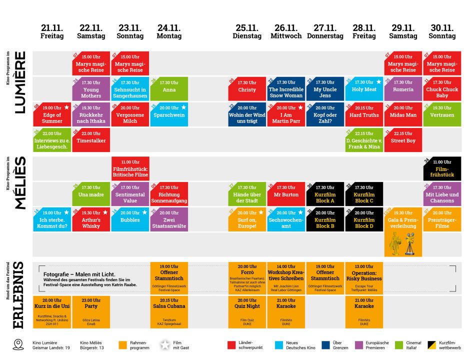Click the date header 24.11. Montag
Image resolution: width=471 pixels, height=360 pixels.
point(169,31)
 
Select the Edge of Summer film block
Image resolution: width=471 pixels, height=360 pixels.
point(52,114)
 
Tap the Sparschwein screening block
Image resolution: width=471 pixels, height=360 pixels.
point(169,114)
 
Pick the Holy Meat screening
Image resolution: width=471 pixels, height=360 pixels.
point(363,89)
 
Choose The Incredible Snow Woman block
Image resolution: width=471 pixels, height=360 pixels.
point(286,89)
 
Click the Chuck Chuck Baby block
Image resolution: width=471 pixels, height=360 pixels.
point(442,89)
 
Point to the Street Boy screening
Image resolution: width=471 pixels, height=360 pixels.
point(403,139)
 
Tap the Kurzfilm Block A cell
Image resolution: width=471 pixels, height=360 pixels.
point(325,194)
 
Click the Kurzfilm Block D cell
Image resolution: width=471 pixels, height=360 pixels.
point(364,219)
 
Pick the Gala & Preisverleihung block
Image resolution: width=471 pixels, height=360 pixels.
point(403,219)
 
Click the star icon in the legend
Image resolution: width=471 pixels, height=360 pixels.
point(165,344)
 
